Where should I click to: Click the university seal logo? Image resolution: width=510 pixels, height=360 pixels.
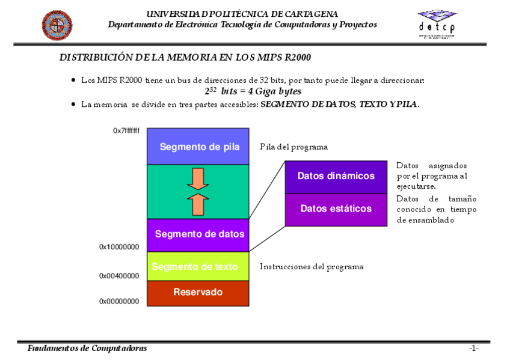(57, 25)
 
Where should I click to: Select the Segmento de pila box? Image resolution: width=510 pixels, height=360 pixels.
(198, 147)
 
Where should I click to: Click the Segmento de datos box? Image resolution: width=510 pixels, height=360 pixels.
(198, 234)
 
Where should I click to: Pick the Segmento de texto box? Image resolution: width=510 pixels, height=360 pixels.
(198, 266)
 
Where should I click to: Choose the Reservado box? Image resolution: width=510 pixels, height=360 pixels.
(198, 293)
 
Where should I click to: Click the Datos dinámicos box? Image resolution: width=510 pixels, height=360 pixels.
(336, 177)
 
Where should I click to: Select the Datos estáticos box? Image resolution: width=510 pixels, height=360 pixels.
(336, 209)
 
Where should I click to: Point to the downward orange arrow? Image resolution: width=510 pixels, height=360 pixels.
(197, 178)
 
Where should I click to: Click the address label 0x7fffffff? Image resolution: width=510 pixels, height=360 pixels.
(126, 130)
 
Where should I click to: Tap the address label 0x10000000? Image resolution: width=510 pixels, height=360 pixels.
(119, 246)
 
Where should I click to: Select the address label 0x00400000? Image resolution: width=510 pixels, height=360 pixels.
(119, 276)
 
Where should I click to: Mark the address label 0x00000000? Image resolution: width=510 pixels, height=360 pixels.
(119, 301)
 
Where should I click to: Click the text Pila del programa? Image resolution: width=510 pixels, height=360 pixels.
(294, 147)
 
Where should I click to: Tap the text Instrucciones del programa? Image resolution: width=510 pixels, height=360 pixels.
(312, 266)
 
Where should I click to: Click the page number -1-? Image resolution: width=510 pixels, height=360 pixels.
(474, 349)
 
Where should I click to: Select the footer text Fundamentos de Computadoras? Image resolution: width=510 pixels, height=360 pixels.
(87, 349)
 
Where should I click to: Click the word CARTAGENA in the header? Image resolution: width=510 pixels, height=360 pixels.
(310, 14)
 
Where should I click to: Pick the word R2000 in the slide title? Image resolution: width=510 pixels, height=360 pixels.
(298, 58)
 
